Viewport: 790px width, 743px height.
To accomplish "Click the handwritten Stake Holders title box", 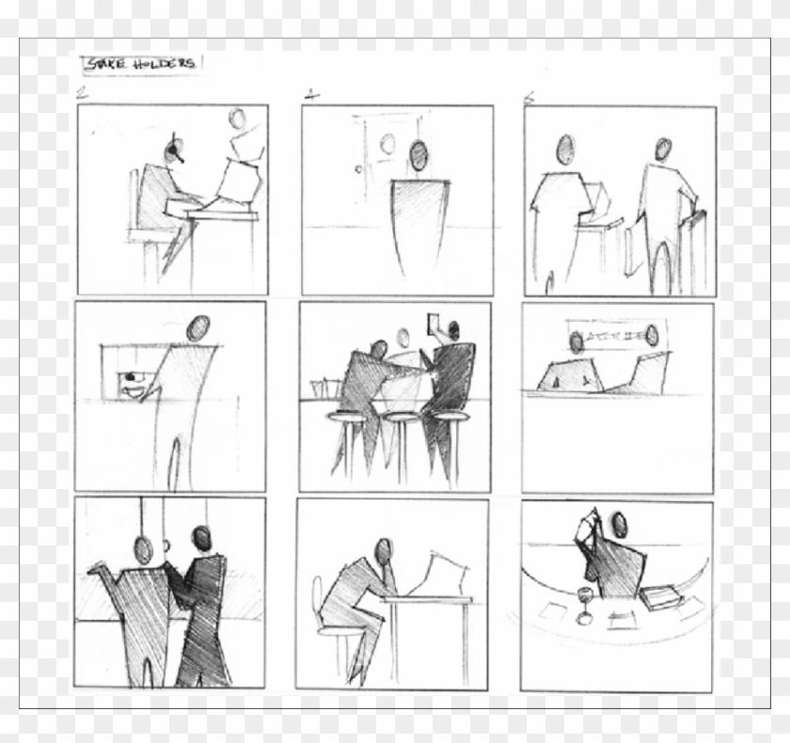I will pos(141,64).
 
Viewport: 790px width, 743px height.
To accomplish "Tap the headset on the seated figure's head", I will pos(172,150).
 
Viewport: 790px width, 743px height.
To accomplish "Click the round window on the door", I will pos(387,144).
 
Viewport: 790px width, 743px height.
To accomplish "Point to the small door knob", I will pos(357,170).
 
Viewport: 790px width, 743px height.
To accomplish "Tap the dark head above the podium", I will pos(417,152).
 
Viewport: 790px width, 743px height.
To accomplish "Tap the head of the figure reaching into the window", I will pos(197,328).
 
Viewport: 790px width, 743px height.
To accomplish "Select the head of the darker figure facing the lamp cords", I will pos(201,537).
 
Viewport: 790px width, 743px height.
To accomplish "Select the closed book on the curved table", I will pos(660,596).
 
